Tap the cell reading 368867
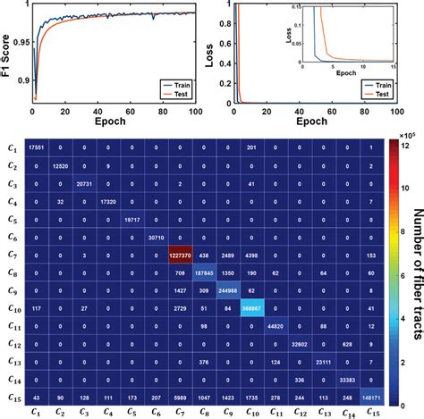[250, 306]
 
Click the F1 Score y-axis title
[7, 54]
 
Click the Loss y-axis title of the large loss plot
[219, 54]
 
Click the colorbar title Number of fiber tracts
[413, 268]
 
